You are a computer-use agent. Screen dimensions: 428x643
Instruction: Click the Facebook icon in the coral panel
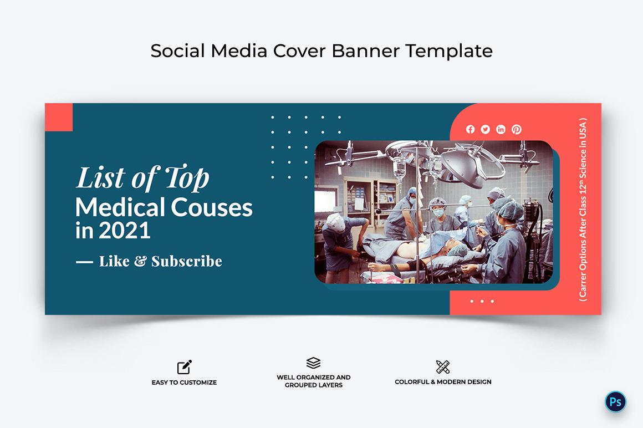click(x=470, y=129)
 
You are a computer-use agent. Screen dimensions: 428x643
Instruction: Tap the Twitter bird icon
click(x=486, y=129)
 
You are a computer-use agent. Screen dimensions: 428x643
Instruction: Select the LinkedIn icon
click(x=501, y=129)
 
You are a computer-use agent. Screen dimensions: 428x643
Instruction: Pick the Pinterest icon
click(x=517, y=129)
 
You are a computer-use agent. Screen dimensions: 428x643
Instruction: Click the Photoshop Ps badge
click(x=615, y=402)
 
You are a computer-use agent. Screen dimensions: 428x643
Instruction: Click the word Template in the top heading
click(x=448, y=51)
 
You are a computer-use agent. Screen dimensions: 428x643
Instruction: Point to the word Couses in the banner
click(x=211, y=208)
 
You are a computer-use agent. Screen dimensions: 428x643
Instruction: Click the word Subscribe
click(x=187, y=261)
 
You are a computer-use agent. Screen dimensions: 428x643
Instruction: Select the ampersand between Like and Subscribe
click(x=140, y=262)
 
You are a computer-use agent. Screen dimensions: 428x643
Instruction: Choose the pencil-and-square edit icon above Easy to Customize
click(x=185, y=367)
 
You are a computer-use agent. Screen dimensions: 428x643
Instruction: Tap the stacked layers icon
click(x=314, y=363)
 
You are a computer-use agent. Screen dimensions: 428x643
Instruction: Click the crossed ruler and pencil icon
click(x=443, y=366)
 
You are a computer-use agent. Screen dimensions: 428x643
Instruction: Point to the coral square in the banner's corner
click(x=59, y=117)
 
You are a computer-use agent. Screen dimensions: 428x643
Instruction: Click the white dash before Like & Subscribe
click(x=84, y=262)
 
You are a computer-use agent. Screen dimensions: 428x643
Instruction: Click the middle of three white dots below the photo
click(x=482, y=301)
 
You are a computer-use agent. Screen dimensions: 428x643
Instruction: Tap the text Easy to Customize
click(x=184, y=383)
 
